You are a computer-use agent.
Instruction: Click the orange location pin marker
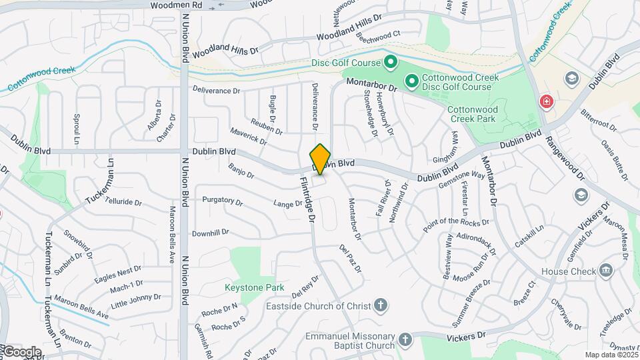coord(321,159)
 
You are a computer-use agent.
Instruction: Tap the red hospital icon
coord(546,102)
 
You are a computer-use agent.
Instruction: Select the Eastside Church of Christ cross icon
coord(380,305)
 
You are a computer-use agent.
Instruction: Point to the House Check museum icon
coord(605,271)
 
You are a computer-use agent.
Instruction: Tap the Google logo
coord(21,351)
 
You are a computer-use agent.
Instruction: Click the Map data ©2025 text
coord(611,355)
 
